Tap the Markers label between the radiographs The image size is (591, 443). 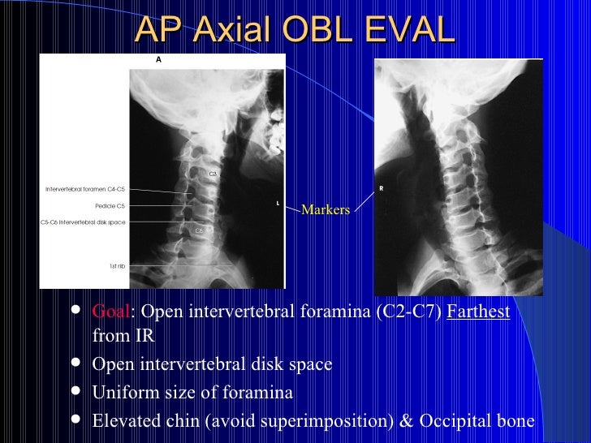click(326, 210)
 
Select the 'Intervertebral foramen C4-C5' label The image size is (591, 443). click(85, 189)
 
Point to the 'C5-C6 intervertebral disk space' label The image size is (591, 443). click(83, 221)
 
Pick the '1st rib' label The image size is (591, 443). click(117, 265)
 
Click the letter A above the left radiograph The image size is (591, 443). click(158, 59)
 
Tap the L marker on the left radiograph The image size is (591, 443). click(277, 203)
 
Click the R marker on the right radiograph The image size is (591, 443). click(381, 189)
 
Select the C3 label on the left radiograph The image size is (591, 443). click(213, 174)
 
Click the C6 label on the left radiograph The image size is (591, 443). click(198, 230)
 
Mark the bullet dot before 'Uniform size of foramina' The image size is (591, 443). click(76, 392)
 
